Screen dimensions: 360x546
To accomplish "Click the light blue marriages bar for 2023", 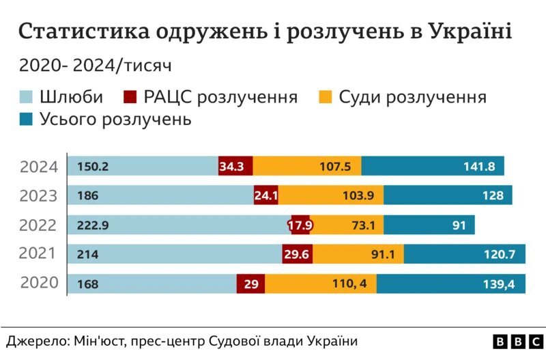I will coord(161,195).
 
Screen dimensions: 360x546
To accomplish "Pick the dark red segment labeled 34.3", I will coord(235,166).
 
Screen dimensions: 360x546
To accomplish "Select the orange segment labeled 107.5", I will coord(307,166).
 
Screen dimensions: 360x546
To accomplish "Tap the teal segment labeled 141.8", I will coord(433,166).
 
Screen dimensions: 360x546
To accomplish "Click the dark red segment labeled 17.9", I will coord(300,225).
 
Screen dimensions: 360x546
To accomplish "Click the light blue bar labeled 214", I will coord(175,255).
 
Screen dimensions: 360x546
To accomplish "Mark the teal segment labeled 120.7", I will coord(464,255).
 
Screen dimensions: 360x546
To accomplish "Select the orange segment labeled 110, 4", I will coord(320,283).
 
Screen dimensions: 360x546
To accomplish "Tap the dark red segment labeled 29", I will coord(250,283).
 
